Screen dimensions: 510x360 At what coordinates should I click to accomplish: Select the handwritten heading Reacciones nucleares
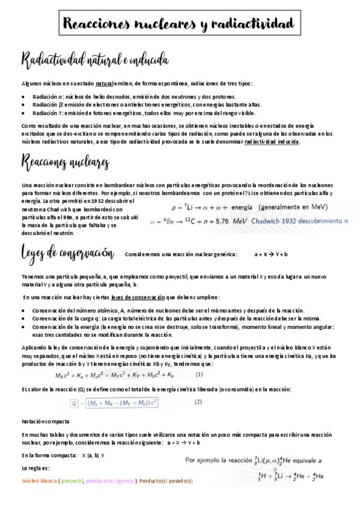[x=65, y=162]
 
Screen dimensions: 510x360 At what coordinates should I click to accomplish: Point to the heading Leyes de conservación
[x=67, y=253]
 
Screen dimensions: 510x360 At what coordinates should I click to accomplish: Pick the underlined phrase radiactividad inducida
[x=272, y=142]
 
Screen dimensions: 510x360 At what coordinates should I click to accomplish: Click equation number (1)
[x=199, y=374]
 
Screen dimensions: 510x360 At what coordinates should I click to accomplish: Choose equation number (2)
[x=198, y=402]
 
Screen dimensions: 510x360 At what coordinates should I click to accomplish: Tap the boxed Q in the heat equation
[x=75, y=402]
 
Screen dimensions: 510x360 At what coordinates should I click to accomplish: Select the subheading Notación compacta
[x=45, y=422]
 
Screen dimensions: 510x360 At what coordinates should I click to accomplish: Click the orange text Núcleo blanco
[x=39, y=481]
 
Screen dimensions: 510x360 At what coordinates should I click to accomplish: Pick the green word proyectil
[x=72, y=481]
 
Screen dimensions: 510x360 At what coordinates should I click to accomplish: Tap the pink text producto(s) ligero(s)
[x=111, y=481]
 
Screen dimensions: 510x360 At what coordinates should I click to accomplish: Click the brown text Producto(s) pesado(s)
[x=166, y=481]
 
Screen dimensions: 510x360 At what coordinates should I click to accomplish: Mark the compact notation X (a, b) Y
[x=93, y=455]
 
